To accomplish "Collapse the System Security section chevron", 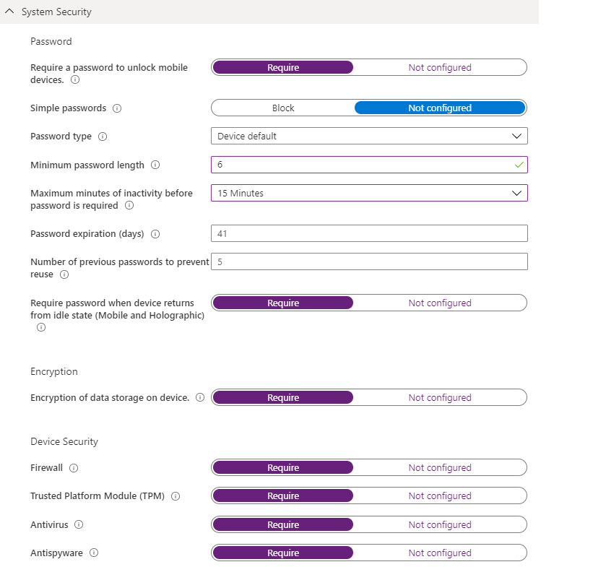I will point(9,12).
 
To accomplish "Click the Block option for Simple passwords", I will point(283,108).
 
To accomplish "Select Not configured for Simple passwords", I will point(439,108).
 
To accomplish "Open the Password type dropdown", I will point(369,136).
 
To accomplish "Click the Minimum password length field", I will point(361,165).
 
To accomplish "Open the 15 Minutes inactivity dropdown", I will point(369,193).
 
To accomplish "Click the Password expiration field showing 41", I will point(369,233).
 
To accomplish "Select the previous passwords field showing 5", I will point(369,261).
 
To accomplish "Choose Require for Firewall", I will point(283,467).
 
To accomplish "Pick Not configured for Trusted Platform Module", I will point(439,496).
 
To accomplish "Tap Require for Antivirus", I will point(283,524).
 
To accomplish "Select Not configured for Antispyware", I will point(439,553).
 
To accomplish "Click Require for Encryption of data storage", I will point(283,397).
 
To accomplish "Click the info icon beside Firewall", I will point(74,468).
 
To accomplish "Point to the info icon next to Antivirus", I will point(79,525).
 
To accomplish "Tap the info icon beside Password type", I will point(103,137).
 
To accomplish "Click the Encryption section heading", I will point(54,371).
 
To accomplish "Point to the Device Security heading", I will point(64,441).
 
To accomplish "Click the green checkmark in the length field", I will point(519,165).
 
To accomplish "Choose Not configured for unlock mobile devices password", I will point(439,67).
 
